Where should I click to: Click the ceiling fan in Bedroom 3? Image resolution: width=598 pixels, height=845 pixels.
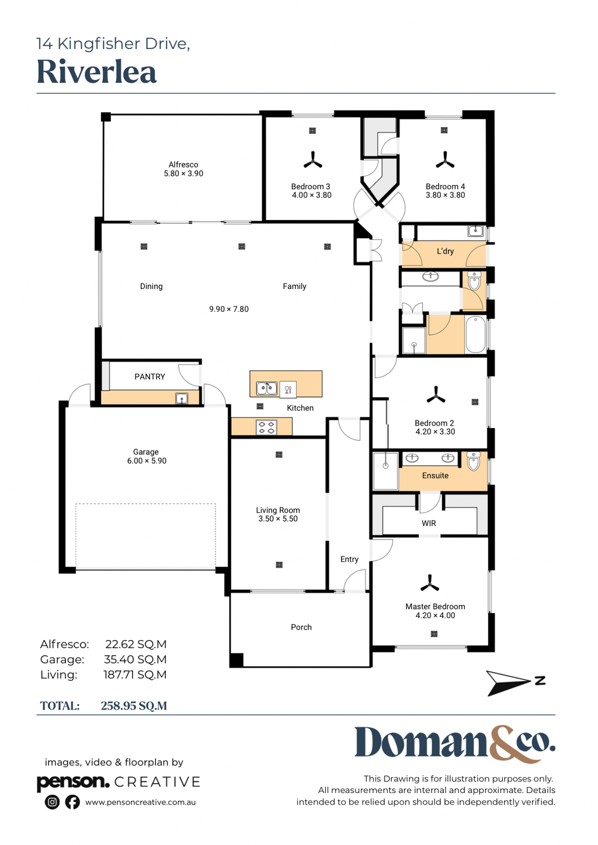pyautogui.click(x=313, y=161)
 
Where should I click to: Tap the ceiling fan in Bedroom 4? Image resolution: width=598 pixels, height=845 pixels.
pyautogui.click(x=445, y=161)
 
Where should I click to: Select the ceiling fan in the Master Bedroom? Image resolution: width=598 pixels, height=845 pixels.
pyautogui.click(x=430, y=583)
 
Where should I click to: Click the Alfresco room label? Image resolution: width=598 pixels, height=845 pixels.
pyautogui.click(x=183, y=165)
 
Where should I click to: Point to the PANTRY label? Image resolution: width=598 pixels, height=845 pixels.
pyautogui.click(x=149, y=377)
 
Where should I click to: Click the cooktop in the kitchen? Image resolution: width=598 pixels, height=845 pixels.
pyautogui.click(x=267, y=427)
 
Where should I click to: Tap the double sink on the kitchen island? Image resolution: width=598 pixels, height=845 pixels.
pyautogui.click(x=267, y=388)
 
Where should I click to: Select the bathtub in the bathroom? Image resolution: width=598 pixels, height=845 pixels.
pyautogui.click(x=475, y=335)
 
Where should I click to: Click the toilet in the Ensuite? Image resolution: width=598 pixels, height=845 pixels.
pyautogui.click(x=474, y=461)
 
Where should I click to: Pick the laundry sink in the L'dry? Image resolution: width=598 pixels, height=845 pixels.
pyautogui.click(x=475, y=231)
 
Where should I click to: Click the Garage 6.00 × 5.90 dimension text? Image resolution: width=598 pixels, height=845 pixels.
pyautogui.click(x=147, y=461)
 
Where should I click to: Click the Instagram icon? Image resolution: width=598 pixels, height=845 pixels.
pyautogui.click(x=52, y=802)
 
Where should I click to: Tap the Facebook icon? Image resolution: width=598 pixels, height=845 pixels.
pyautogui.click(x=72, y=802)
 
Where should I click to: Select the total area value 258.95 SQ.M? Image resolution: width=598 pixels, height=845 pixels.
pyautogui.click(x=134, y=706)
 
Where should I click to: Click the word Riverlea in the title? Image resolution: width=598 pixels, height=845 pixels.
pyautogui.click(x=96, y=72)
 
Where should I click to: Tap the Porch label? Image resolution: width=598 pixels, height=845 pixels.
pyautogui.click(x=301, y=627)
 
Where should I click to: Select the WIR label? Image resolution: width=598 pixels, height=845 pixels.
pyautogui.click(x=429, y=523)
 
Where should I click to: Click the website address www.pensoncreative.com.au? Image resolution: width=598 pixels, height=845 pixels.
pyautogui.click(x=140, y=802)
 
